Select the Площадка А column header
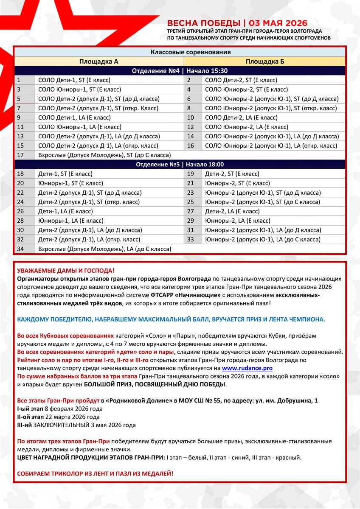tap(98, 62)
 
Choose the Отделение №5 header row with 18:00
tap(180, 165)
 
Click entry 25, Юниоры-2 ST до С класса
tap(262, 202)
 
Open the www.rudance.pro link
tap(247, 368)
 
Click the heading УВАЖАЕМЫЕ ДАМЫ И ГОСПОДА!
tap(66, 271)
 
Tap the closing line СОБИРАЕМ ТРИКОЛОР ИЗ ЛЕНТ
tap(95, 473)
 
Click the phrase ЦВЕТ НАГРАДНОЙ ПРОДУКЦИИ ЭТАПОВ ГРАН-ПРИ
tap(91, 458)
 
